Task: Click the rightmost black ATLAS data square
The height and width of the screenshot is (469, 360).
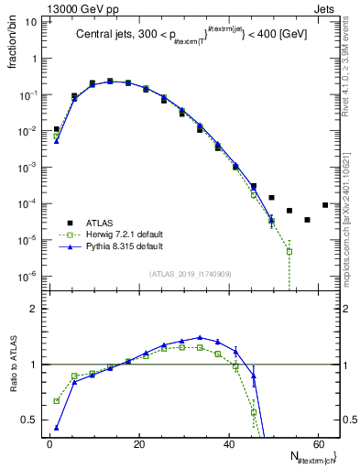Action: (325, 205)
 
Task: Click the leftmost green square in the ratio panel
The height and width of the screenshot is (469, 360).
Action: (57, 400)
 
